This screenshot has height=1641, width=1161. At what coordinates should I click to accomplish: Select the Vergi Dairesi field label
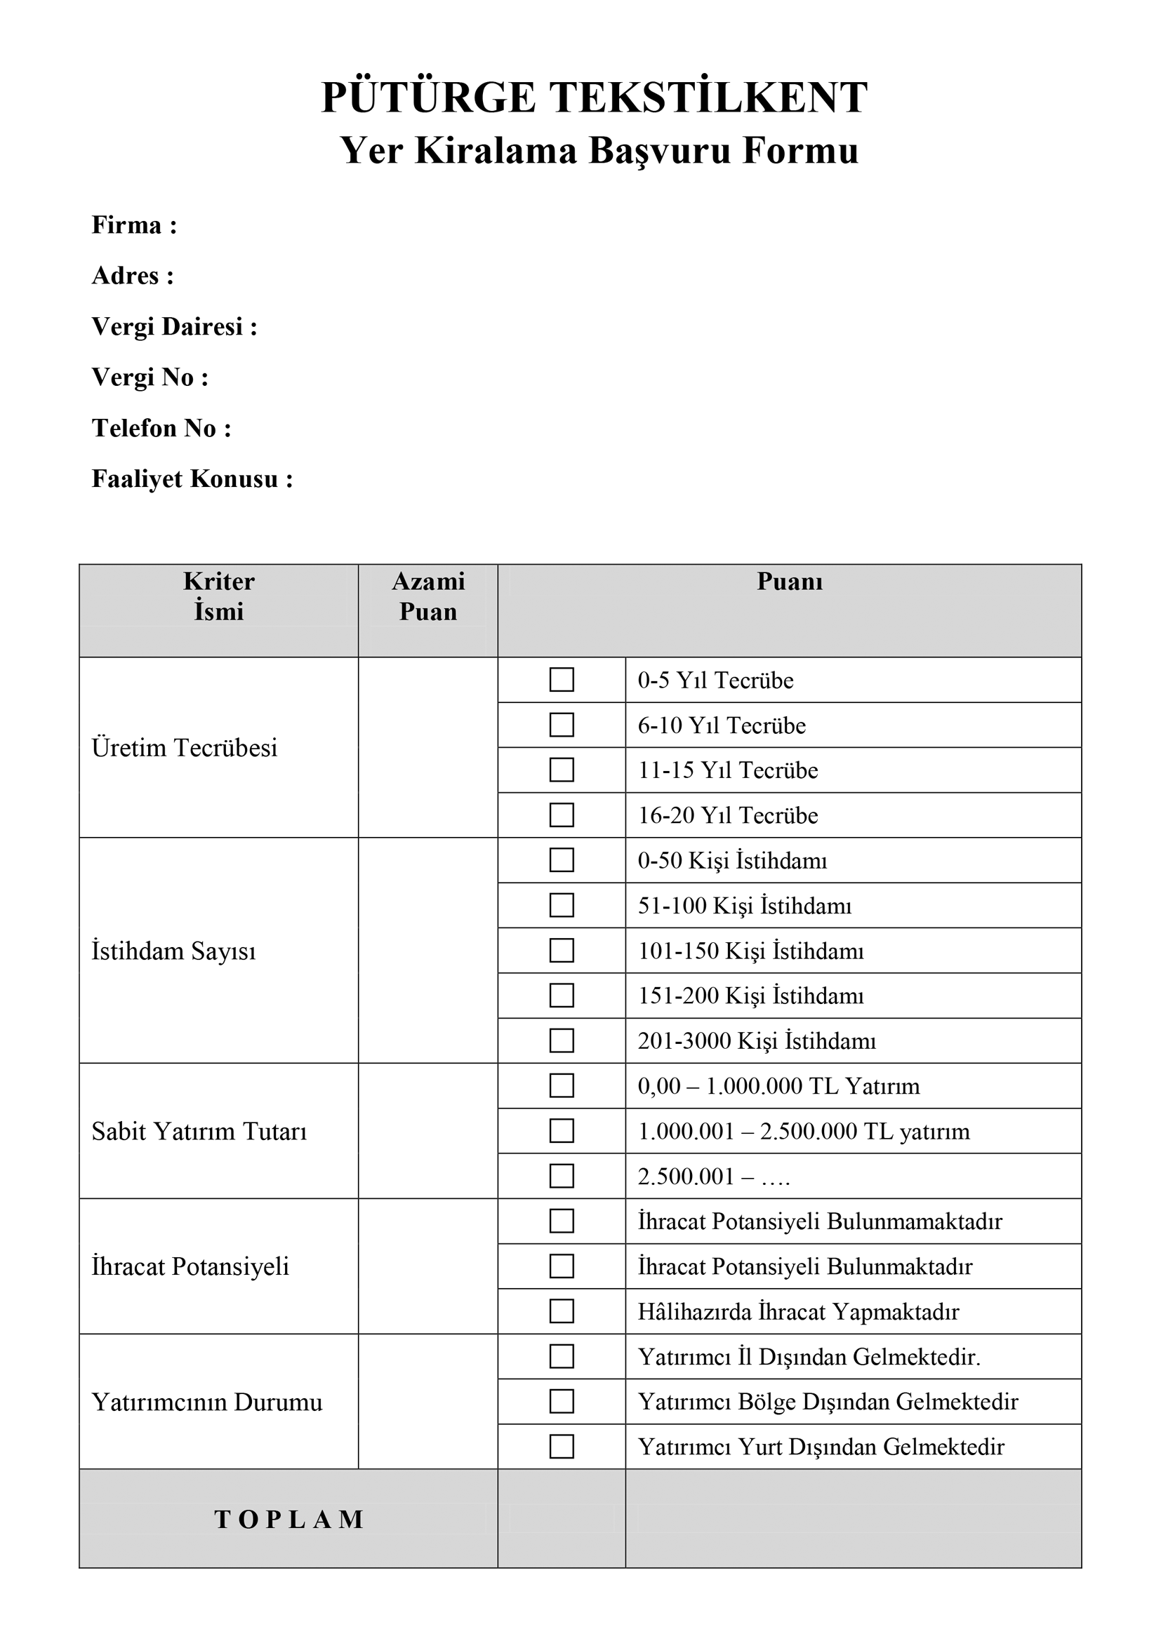click(x=173, y=328)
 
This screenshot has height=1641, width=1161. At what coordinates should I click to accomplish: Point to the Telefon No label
click(x=161, y=429)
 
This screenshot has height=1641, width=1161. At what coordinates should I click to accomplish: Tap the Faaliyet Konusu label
click(x=192, y=480)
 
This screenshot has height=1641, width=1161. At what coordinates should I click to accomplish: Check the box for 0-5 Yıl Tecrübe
click(x=562, y=680)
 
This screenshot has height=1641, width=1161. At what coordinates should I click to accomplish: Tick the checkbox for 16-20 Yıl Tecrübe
click(x=562, y=815)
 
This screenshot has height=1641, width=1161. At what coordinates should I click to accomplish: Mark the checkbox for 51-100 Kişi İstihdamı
click(x=562, y=906)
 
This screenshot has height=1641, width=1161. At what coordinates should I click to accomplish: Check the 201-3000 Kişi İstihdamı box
click(x=562, y=1040)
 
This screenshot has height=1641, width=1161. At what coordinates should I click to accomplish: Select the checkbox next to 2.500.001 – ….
click(x=562, y=1176)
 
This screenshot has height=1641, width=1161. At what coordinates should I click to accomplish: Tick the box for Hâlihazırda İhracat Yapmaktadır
click(x=562, y=1311)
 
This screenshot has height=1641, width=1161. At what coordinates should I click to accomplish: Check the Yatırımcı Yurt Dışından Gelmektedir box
click(x=562, y=1447)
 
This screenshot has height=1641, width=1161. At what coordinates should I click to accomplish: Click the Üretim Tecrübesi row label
click(x=185, y=748)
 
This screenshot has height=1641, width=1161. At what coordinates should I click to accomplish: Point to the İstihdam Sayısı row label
click(x=173, y=951)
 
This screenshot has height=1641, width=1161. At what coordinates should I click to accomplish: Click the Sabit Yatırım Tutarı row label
click(x=199, y=1132)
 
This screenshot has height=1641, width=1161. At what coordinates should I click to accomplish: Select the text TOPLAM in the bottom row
click(x=288, y=1520)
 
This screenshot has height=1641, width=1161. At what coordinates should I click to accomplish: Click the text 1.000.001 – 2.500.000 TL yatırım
click(x=804, y=1132)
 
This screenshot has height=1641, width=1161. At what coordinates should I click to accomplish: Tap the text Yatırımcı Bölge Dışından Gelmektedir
click(x=828, y=1402)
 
